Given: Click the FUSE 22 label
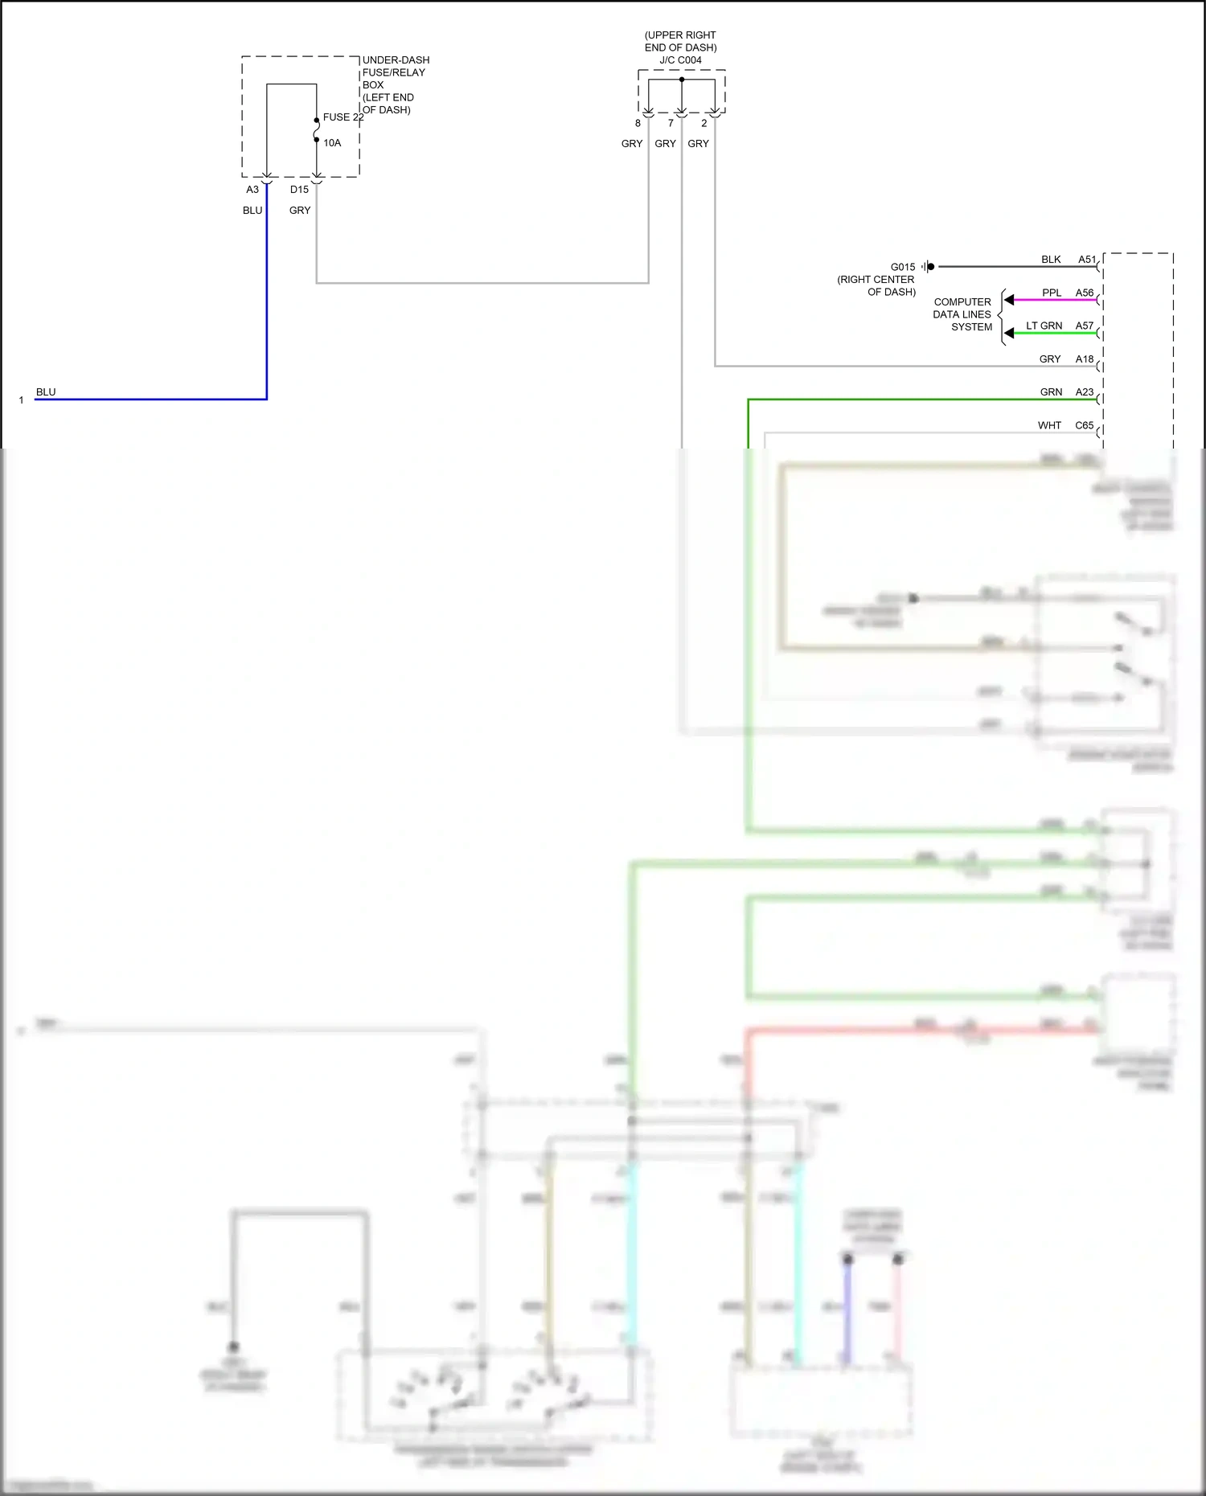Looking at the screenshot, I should (x=343, y=117).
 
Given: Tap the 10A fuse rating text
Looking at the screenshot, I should (x=332, y=143).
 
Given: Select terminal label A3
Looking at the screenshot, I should (x=252, y=190).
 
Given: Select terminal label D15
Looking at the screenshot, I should (x=299, y=190).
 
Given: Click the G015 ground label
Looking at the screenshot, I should (x=902, y=267).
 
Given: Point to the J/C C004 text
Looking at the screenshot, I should (x=680, y=60).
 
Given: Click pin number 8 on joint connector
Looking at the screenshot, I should (x=638, y=124).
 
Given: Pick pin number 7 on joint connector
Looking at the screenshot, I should (x=671, y=124).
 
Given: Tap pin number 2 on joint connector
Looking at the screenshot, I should (x=703, y=124).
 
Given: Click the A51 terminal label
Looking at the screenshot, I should (x=1087, y=260).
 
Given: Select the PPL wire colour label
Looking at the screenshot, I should (x=1051, y=293).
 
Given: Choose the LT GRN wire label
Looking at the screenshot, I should (x=1044, y=326).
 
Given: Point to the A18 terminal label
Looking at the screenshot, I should (x=1085, y=359).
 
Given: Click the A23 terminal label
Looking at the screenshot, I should (x=1085, y=392).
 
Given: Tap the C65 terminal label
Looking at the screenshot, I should (x=1085, y=425).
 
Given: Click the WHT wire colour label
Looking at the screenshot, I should (x=1049, y=425).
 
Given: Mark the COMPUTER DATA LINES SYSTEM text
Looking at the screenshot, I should (x=962, y=314).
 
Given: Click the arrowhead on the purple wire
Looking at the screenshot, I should (x=1009, y=300).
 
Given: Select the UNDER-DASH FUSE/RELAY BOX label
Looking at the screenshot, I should (x=395, y=84).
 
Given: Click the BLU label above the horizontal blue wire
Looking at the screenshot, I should (x=46, y=392).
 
